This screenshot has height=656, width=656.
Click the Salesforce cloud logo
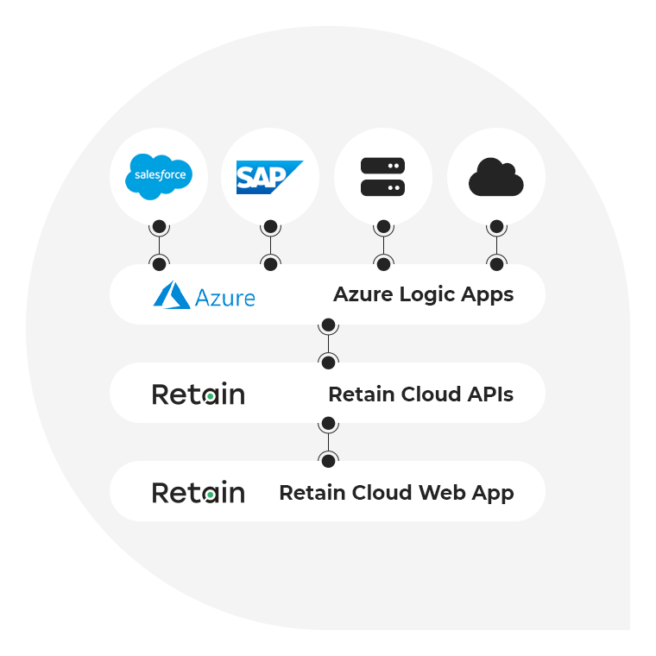pyautogui.click(x=159, y=176)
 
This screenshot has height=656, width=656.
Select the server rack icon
pyautogui.click(x=382, y=176)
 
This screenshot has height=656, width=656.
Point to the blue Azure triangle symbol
pyautogui.click(x=172, y=295)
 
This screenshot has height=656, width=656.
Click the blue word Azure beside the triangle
pyautogui.click(x=225, y=298)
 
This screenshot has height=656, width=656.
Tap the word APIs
pyautogui.click(x=489, y=394)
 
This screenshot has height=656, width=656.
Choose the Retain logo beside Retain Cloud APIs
pyautogui.click(x=199, y=394)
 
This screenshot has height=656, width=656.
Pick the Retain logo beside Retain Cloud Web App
pyautogui.click(x=199, y=493)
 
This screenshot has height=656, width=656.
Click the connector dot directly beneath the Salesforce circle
pyautogui.click(x=159, y=227)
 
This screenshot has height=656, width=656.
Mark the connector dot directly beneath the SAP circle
pyautogui.click(x=270, y=227)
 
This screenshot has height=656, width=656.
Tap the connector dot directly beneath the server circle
pyautogui.click(x=383, y=227)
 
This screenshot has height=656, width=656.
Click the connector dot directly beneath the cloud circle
pyautogui.click(x=496, y=227)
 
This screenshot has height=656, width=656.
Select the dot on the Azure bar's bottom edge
pyautogui.click(x=328, y=325)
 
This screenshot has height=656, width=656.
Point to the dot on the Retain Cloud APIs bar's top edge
pyautogui.click(x=328, y=362)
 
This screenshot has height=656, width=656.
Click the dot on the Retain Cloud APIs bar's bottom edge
pyautogui.click(x=328, y=424)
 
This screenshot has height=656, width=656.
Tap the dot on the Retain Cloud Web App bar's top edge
pyautogui.click(x=328, y=460)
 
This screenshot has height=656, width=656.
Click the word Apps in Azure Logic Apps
pyautogui.click(x=487, y=295)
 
